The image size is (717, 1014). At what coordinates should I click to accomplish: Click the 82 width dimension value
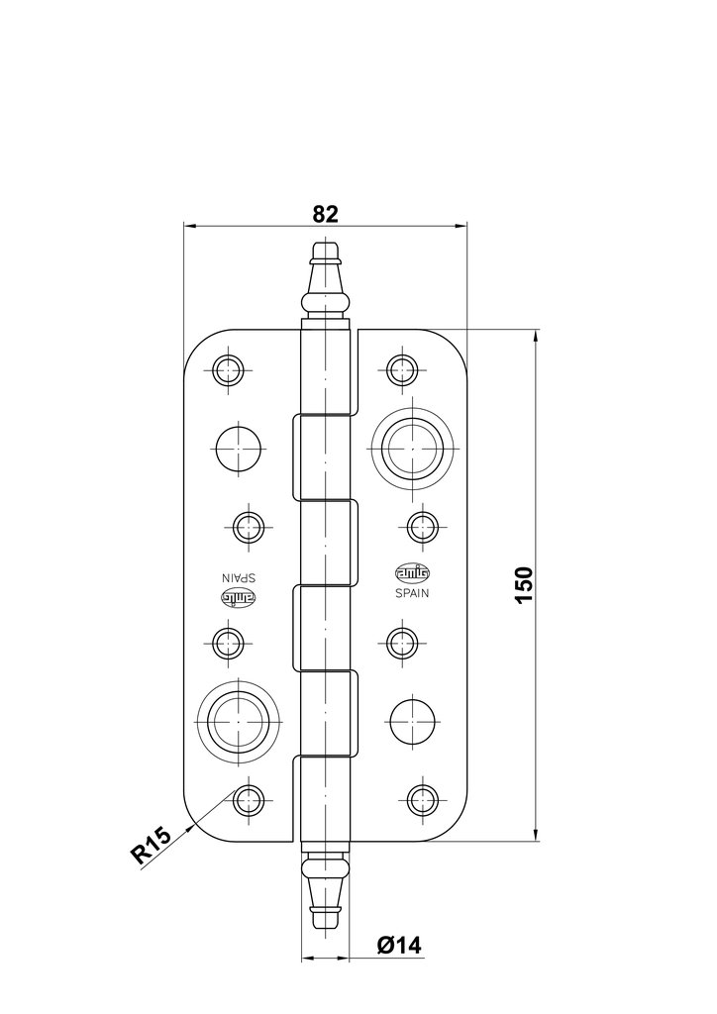[326, 213]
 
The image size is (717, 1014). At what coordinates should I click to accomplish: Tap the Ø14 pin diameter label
[399, 945]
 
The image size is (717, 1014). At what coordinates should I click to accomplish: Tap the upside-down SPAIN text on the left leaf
[237, 578]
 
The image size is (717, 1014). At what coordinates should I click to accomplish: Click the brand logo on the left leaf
[237, 599]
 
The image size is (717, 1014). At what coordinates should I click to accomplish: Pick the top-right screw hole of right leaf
[401, 369]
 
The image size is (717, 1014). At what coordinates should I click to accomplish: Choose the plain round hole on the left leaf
[237, 448]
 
